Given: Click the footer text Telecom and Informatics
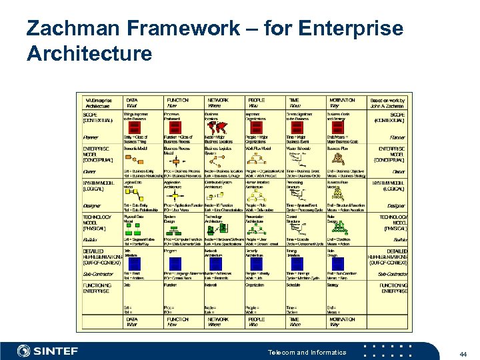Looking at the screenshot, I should coord(307,352).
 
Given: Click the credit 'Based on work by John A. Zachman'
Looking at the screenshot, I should coord(387,103).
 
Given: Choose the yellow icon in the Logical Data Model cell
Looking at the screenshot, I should coord(133,195).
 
